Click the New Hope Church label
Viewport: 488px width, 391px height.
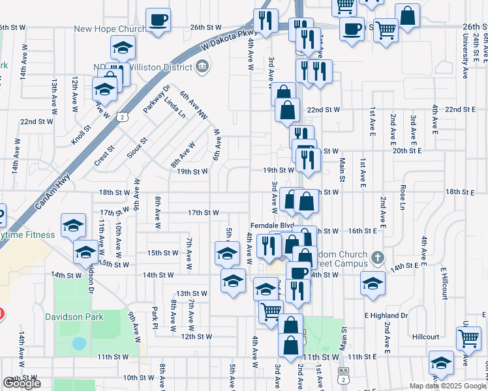(110, 29)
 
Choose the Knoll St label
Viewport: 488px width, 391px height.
(81, 137)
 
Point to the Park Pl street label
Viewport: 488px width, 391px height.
(155, 317)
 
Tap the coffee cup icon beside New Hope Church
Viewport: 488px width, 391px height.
(157, 20)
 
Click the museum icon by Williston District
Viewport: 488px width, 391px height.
(202, 66)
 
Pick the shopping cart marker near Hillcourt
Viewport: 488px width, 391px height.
(469, 338)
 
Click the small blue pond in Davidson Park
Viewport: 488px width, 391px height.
(79, 343)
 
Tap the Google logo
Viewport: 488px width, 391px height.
(22, 383)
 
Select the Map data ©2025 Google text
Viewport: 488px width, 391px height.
(447, 386)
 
